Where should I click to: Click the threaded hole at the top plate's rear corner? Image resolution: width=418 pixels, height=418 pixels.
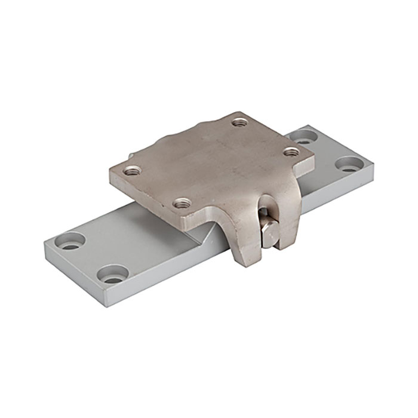click(240, 122)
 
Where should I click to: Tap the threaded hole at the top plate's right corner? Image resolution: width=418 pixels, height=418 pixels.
click(290, 152)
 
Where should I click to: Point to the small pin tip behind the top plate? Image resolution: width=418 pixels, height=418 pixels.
click(130, 156)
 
